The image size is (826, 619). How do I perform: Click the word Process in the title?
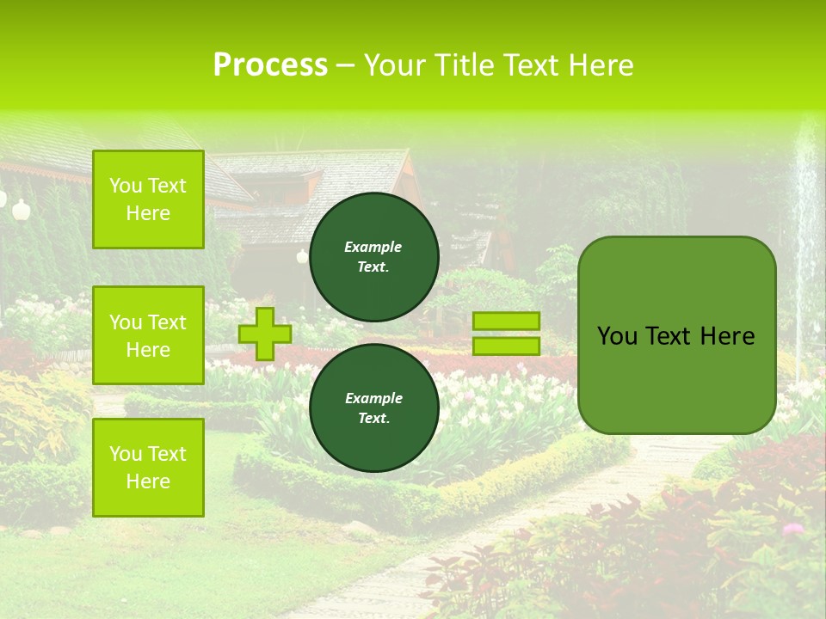(x=270, y=65)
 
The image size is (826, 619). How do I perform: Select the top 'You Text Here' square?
(x=148, y=199)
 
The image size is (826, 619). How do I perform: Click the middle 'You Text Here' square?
(x=148, y=335)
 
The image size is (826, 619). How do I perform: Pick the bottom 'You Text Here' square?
(x=148, y=467)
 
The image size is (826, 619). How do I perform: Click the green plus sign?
(x=264, y=334)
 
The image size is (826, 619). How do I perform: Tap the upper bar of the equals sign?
(x=506, y=322)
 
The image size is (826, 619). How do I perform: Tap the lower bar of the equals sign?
(x=506, y=346)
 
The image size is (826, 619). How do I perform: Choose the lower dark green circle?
(x=373, y=408)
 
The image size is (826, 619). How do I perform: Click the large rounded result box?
(x=676, y=335)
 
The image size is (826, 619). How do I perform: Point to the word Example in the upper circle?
(x=373, y=247)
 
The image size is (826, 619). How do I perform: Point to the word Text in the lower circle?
(x=373, y=418)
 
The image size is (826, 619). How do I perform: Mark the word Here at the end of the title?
(x=601, y=65)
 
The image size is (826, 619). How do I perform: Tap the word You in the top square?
(x=126, y=186)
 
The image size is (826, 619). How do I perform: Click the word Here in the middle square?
(x=148, y=350)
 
